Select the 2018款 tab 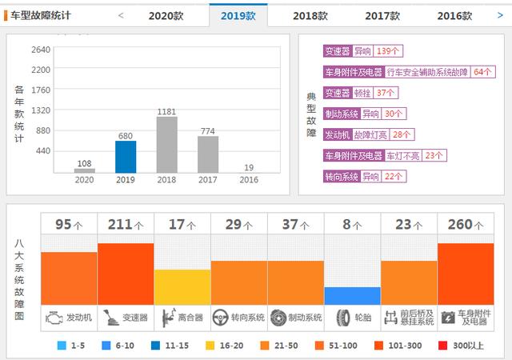click(x=310, y=15)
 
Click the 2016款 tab click(x=454, y=15)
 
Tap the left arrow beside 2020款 click(x=121, y=15)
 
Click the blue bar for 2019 click(x=126, y=157)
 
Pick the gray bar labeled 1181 click(x=167, y=145)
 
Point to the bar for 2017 click(x=208, y=154)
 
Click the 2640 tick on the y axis click(x=41, y=49)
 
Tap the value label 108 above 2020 click(x=84, y=163)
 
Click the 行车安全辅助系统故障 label click(x=428, y=72)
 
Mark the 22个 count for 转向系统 click(x=394, y=176)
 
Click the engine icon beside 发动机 click(x=54, y=318)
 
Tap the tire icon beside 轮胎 click(x=343, y=318)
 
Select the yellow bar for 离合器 click(x=182, y=287)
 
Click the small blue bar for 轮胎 click(x=352, y=295)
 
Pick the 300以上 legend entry click(x=464, y=346)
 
